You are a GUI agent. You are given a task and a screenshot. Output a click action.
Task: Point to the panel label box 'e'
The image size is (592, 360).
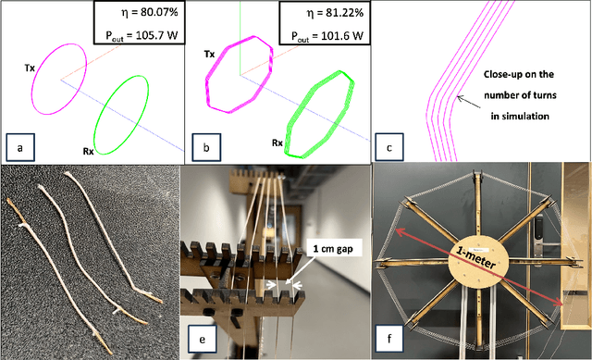(x=203, y=340)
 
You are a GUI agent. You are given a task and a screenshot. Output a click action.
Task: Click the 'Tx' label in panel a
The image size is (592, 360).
(x=31, y=68)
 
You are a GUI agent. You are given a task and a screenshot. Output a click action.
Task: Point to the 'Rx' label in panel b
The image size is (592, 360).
(x=277, y=143)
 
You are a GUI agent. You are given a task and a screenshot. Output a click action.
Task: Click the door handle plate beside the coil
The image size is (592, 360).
(x=540, y=229)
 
